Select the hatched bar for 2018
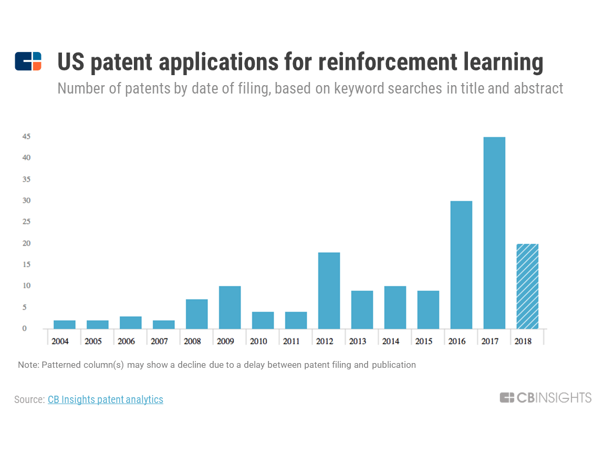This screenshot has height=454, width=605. tap(527, 286)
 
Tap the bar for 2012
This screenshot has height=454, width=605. tap(329, 291)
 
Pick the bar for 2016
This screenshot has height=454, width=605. tap(461, 265)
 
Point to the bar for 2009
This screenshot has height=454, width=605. tap(230, 307)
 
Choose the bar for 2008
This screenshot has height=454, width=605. tap(197, 314)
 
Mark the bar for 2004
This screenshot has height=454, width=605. tap(65, 324)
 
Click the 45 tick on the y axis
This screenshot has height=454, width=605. tap(26, 137)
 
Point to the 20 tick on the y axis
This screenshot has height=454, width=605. tap(26, 243)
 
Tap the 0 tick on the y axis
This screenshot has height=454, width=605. tap(24, 329)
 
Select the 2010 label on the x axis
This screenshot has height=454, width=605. tap(258, 341)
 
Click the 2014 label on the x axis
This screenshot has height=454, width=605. tap(391, 341)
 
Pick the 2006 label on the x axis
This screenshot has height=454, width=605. tap(126, 341)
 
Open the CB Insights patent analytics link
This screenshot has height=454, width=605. tap(106, 399)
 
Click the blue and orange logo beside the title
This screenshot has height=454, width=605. tap(28, 61)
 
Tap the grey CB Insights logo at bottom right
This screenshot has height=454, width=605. tap(545, 398)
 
